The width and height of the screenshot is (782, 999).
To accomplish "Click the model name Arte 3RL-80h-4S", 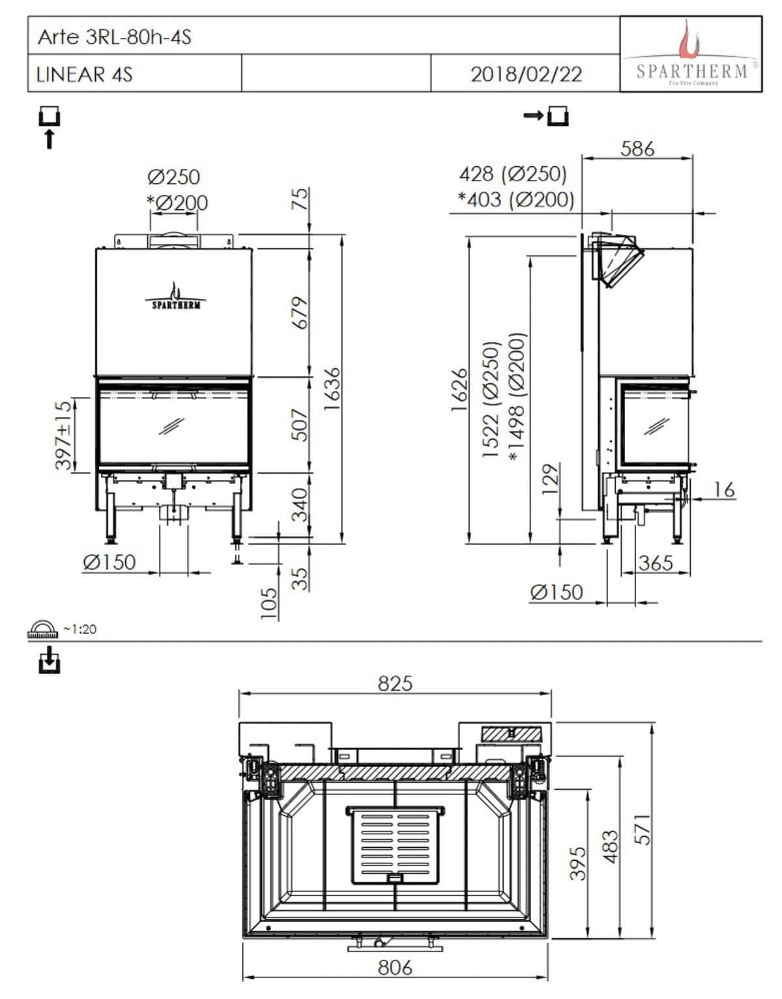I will point(115,36).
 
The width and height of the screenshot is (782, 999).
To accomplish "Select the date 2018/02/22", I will point(526,74).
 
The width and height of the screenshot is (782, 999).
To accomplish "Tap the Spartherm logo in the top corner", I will point(691,55).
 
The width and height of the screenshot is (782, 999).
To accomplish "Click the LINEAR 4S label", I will point(84,74).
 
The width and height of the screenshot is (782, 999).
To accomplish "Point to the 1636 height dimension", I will point(332,388).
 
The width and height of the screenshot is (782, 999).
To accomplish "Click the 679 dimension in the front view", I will point(299,313).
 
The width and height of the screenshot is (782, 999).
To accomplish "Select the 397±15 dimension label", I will point(63,435).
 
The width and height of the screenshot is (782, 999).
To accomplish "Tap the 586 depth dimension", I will point(637,149).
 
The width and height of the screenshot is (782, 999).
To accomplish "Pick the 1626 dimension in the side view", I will point(459,389).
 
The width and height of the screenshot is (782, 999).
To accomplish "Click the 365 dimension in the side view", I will point(655,562).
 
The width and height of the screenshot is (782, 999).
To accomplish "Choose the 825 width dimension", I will point(395,682).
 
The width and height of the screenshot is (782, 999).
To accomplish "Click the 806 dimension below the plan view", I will point(395,967).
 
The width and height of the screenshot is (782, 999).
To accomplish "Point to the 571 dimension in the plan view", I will point(643,829).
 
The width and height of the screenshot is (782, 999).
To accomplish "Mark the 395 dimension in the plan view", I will point(578,863).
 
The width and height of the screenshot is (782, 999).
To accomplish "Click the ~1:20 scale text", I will point(80,629).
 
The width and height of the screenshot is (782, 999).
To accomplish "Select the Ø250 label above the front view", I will point(173,177).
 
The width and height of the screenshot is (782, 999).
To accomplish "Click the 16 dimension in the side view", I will point(723,489).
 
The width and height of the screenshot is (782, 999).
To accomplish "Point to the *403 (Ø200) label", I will point(515,199).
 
